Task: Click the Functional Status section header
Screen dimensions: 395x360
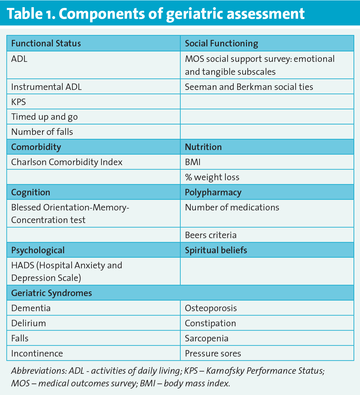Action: point(46,44)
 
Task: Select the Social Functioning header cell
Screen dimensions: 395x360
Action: point(221,44)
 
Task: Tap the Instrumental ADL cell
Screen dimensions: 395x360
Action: point(46,87)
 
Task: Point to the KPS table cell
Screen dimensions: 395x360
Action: point(19,102)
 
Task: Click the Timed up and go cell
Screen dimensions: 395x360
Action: point(44,117)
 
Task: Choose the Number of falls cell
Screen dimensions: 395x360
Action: point(42,132)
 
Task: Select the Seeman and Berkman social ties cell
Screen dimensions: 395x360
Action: point(249,87)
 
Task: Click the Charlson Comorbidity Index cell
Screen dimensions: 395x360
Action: point(67,162)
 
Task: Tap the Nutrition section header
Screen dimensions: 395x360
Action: point(203,147)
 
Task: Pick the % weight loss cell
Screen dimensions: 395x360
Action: point(212,177)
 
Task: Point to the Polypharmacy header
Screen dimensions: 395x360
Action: point(213,192)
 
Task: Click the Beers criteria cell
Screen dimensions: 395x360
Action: point(211,235)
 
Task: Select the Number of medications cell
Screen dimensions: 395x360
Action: point(232,208)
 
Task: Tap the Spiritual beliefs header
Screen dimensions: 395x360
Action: point(216,250)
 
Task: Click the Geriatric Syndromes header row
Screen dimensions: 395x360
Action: point(51,293)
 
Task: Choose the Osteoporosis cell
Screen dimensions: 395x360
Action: point(211,308)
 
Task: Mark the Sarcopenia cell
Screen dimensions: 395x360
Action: point(207,339)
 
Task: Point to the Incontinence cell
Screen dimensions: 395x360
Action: point(37,354)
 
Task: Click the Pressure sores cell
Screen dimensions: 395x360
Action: point(213,354)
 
